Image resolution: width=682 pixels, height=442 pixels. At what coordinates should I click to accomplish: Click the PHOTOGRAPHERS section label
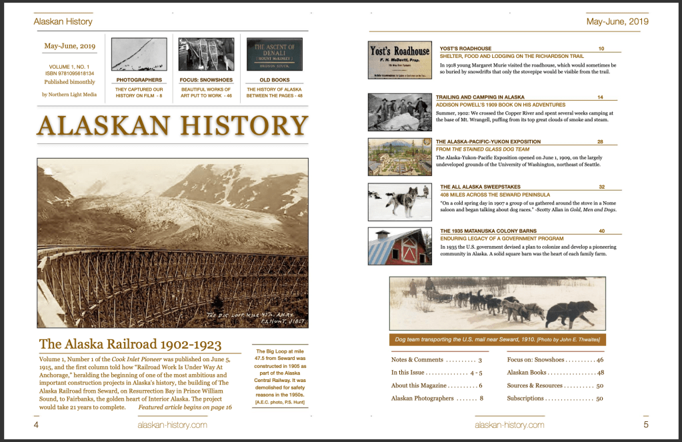tap(139, 80)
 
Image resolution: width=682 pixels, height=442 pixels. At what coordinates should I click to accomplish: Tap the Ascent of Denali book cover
tap(274, 54)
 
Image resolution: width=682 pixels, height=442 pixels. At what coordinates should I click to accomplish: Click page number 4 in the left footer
tap(36, 425)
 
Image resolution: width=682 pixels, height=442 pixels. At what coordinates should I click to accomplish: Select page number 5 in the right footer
tap(645, 425)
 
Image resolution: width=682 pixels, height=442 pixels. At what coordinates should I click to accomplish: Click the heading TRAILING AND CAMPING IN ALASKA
tap(480, 97)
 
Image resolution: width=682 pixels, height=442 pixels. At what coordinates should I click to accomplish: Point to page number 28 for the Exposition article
tap(600, 142)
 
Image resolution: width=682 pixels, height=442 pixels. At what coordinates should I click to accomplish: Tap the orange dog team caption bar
tap(497, 340)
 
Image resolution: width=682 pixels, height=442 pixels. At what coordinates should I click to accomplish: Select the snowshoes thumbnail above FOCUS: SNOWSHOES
tap(206, 54)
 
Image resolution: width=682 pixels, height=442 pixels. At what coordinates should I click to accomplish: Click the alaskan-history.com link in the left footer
tap(172, 425)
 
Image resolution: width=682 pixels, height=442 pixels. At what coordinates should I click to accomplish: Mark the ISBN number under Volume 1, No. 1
tap(69, 73)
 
